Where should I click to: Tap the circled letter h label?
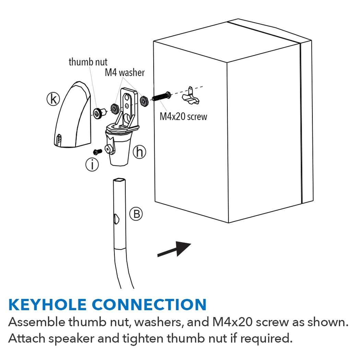coord(139,152)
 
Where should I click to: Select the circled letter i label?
coord(92,165)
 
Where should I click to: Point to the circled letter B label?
coord(136,214)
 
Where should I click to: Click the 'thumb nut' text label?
coord(88,62)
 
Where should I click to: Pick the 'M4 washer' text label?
coord(125,73)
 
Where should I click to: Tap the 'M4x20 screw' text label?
coord(183,117)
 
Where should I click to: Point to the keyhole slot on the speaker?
coord(190,95)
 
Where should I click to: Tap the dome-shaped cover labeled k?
coord(73,115)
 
